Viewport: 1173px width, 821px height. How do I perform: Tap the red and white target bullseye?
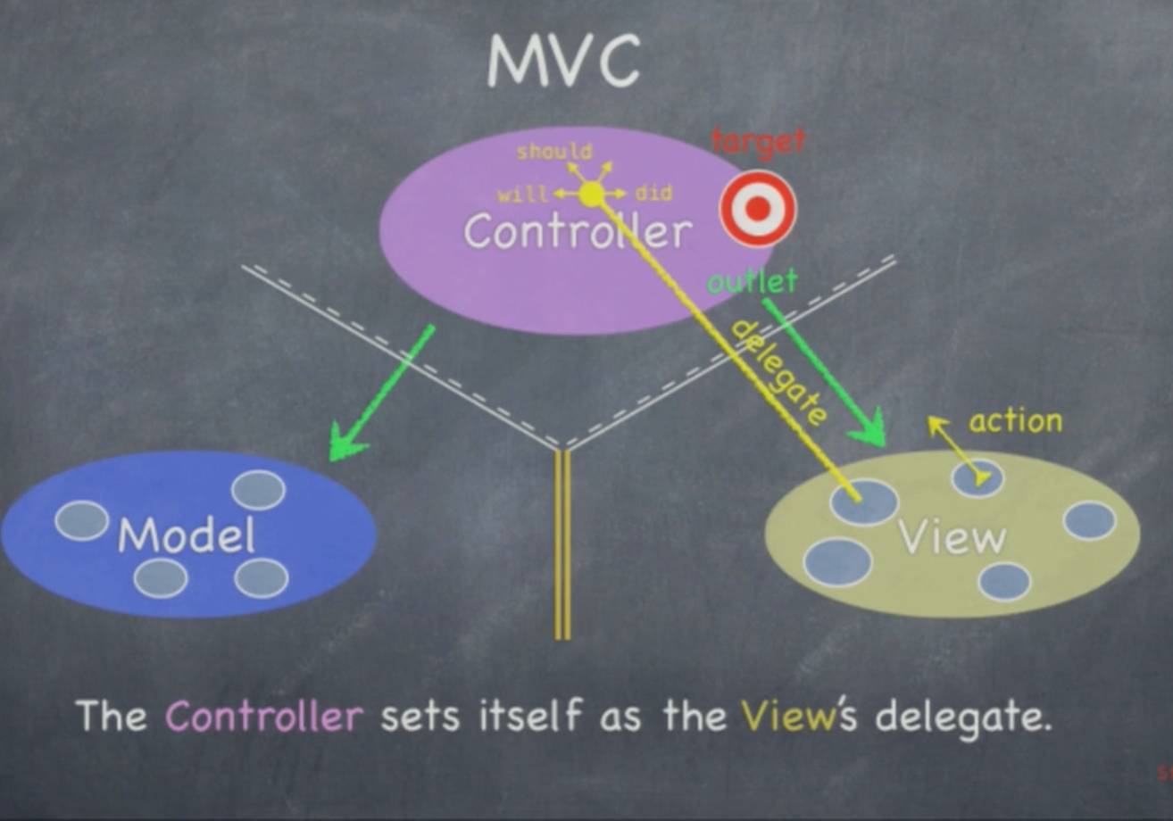(x=758, y=209)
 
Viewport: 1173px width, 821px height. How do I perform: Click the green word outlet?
(x=752, y=282)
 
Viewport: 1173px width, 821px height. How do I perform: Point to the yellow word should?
(x=554, y=152)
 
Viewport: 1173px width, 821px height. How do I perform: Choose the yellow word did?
(x=653, y=194)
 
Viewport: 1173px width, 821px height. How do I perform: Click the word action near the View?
(x=1016, y=421)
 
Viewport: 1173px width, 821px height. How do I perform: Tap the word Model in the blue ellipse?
(x=187, y=535)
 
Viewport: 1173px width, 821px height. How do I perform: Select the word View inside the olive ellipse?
(x=952, y=537)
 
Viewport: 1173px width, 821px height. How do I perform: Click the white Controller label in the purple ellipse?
(x=578, y=233)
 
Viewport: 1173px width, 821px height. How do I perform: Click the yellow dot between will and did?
(x=591, y=194)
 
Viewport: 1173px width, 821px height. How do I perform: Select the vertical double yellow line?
(x=562, y=544)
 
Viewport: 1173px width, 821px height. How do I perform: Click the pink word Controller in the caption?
(x=264, y=717)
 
